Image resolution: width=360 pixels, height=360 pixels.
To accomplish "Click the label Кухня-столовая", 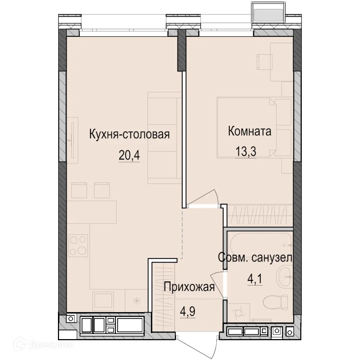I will coord(129,135).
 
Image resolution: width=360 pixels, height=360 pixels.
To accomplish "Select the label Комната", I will coord(249,131).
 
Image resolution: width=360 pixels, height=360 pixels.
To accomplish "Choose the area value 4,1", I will coord(255,279).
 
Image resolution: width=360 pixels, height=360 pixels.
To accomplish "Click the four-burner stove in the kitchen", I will coord(78,245).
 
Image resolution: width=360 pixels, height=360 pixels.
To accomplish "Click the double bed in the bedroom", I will coord(247,128).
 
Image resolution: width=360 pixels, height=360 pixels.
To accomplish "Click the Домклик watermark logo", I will coord(38,345).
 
